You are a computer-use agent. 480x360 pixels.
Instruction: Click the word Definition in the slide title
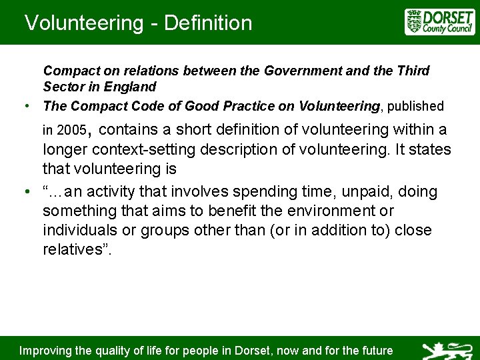pyautogui.click(x=208, y=23)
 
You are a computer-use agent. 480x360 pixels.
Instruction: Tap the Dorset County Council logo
pyautogui.click(x=439, y=22)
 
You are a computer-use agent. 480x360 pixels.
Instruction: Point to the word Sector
pyautogui.click(x=64, y=87)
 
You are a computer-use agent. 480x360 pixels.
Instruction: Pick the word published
pyautogui.click(x=414, y=106)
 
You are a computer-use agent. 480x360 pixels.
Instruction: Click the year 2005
pyautogui.click(x=72, y=129)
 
